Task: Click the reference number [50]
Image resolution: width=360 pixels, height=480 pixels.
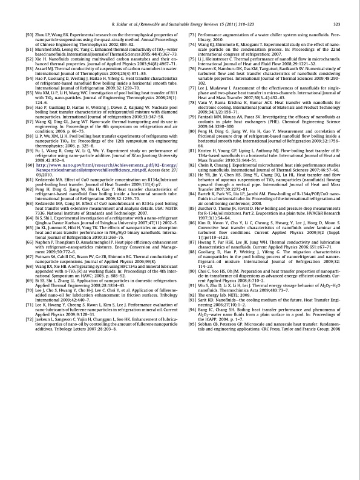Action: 26,37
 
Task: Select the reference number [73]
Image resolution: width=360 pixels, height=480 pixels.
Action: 195,37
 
